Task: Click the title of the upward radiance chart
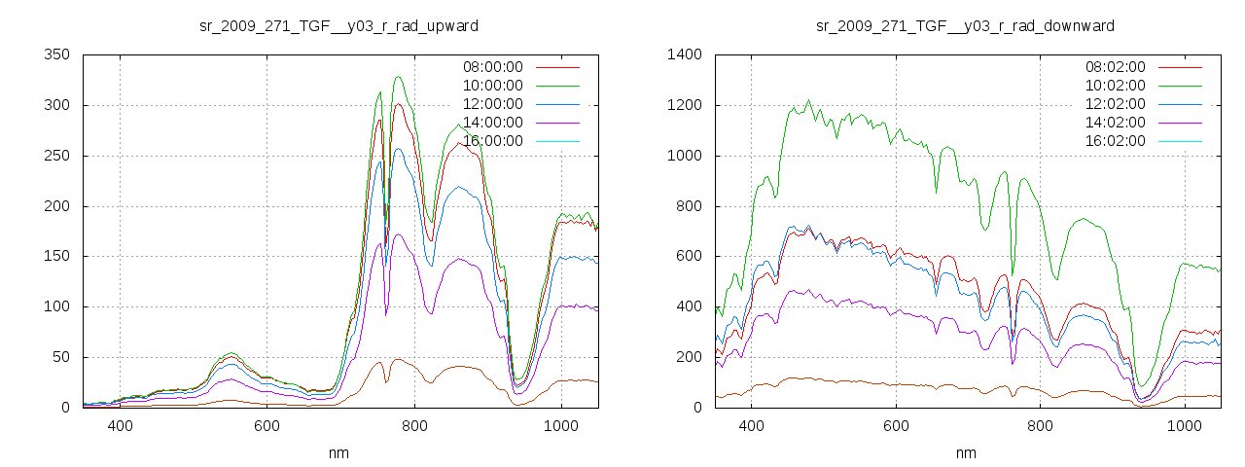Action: coord(338,25)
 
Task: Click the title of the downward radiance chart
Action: coord(965,25)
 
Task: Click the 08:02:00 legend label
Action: coord(1115,67)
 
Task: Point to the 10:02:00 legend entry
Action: coord(1115,86)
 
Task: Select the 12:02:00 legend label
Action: coord(1115,104)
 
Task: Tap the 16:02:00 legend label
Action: coord(1115,141)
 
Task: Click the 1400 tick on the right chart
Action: coord(685,55)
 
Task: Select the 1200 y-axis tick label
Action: coord(685,105)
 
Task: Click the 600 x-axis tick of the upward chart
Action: coord(267,425)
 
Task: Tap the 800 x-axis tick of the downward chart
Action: coord(1041,425)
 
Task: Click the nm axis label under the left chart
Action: coord(339,452)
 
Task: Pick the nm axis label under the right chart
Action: coord(966,452)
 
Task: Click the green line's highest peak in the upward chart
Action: coord(397,77)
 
